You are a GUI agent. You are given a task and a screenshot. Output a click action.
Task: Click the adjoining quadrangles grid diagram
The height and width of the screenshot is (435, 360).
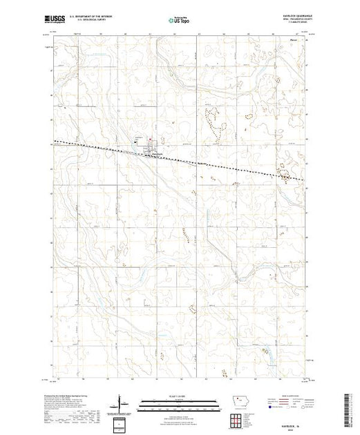click(238, 418)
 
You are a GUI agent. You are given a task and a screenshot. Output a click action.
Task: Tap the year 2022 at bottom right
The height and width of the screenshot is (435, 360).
click(290, 427)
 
